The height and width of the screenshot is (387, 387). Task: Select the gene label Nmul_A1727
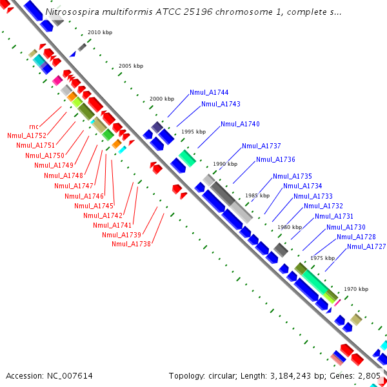[x=366, y=246]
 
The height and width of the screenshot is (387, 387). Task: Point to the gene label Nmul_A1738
[x=131, y=244]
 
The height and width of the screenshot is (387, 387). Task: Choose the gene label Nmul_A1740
[x=240, y=124]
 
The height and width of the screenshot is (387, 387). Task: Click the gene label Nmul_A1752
[x=26, y=135]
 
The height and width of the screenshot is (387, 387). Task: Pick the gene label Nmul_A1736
[x=275, y=159]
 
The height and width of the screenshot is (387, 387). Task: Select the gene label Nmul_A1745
[x=94, y=206]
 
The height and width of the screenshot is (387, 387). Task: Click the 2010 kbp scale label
[x=99, y=32]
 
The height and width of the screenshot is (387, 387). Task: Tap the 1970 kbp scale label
[x=356, y=290]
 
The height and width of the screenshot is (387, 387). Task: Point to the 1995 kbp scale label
[x=193, y=132]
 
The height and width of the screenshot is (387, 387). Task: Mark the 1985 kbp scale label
[x=257, y=195]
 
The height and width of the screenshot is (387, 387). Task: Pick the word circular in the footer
[x=230, y=375]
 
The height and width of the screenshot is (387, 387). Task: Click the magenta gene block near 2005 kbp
[x=57, y=80]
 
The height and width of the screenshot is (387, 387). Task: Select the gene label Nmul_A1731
[x=334, y=216]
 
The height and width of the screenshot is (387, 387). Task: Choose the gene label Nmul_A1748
[x=63, y=175]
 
